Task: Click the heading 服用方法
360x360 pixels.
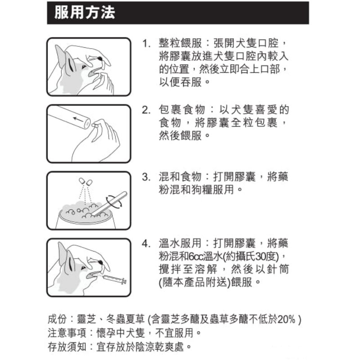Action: [85, 13]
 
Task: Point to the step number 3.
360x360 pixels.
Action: [145, 177]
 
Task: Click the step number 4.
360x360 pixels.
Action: [145, 243]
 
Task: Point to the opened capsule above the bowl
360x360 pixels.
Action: [85, 182]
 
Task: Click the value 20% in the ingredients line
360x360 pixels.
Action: [286, 319]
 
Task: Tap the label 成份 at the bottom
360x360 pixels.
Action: [58, 319]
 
